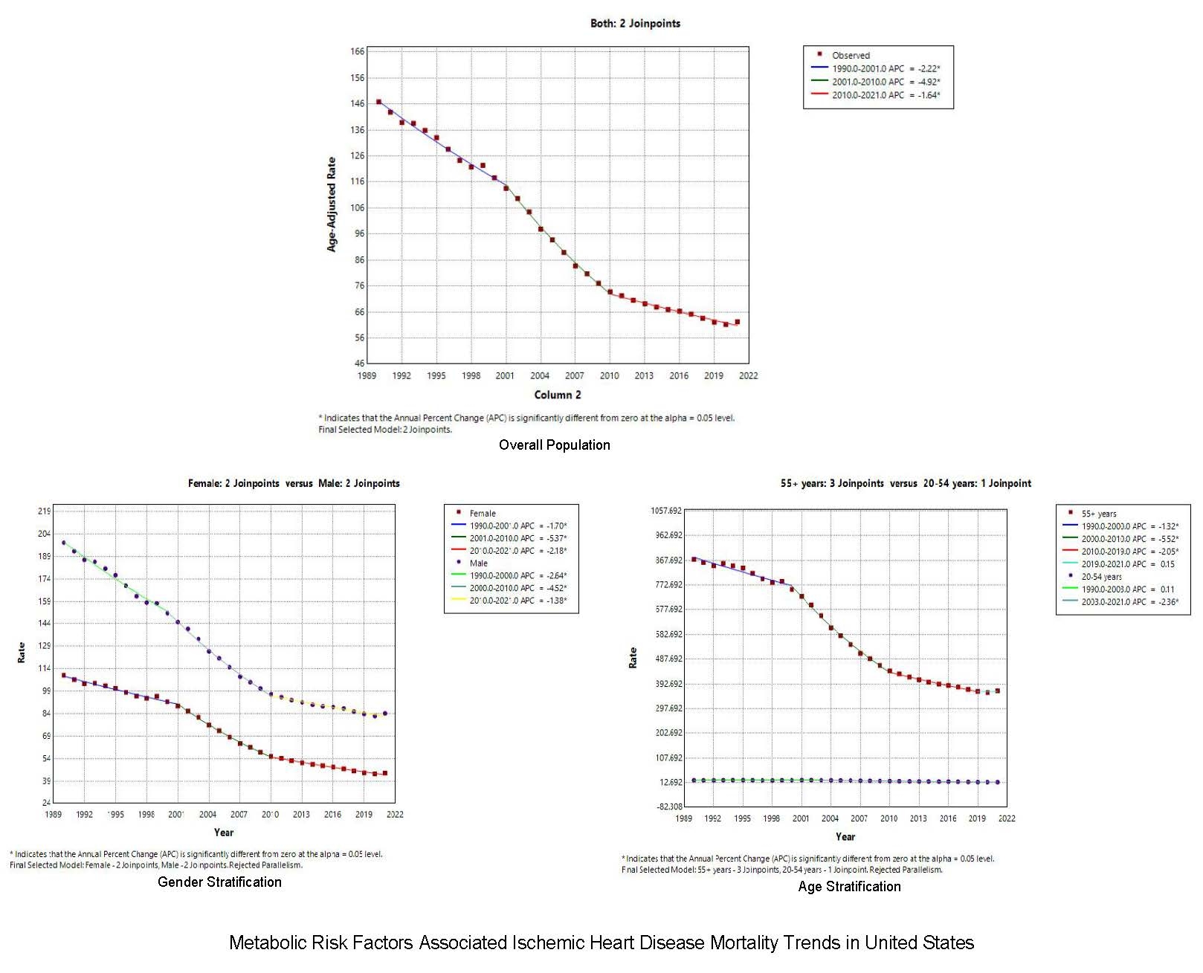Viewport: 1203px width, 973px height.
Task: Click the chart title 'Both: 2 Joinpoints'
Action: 635,23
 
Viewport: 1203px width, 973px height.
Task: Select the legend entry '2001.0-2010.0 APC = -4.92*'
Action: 886,82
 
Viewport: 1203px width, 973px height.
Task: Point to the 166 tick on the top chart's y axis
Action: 358,51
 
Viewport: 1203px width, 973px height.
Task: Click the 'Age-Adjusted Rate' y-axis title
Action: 332,204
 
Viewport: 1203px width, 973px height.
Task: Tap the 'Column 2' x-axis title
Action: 558,395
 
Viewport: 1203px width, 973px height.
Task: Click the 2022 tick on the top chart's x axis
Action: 748,375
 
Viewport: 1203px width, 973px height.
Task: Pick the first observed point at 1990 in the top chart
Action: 378,102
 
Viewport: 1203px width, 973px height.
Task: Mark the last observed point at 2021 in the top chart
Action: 737,322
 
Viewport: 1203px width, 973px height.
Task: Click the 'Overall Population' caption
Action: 555,445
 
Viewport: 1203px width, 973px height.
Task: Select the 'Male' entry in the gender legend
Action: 479,563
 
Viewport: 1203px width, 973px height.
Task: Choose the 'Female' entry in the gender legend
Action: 483,513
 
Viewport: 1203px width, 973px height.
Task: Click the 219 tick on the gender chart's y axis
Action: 44,511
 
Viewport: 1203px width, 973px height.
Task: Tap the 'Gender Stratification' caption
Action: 219,882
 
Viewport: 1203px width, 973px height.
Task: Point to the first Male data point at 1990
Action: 63,543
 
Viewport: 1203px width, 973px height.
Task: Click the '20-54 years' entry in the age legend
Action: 1101,576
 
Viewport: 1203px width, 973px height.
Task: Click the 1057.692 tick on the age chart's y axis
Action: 666,511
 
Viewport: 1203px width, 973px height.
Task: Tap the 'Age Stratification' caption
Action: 849,886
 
